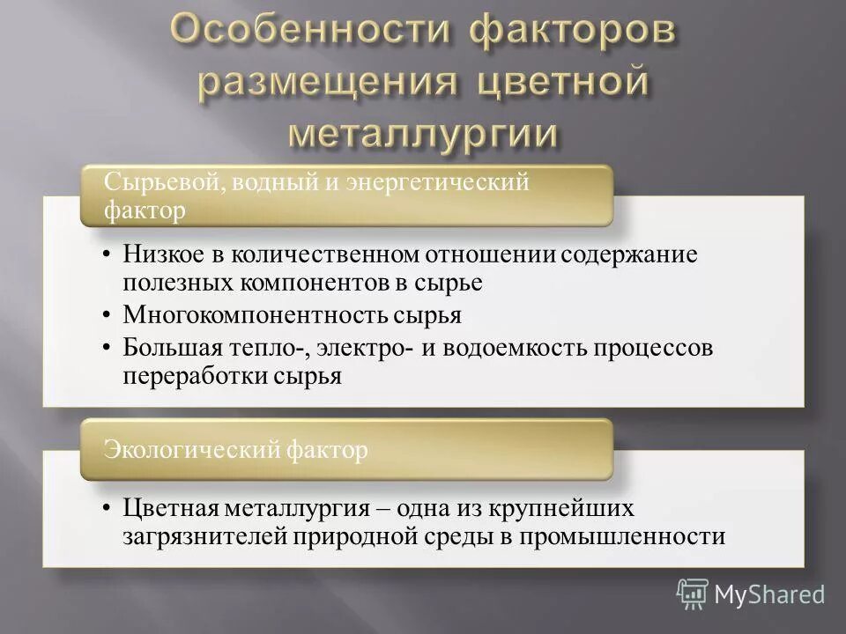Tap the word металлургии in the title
pyautogui.click(x=424, y=133)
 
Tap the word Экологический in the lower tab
pyautogui.click(x=193, y=450)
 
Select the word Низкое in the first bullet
pyautogui.click(x=160, y=254)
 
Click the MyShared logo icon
pyautogui.click(x=692, y=593)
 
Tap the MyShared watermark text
pyautogui.click(x=768, y=594)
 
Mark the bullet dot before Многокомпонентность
pyautogui.click(x=106, y=315)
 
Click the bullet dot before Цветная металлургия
pyautogui.click(x=106, y=509)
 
